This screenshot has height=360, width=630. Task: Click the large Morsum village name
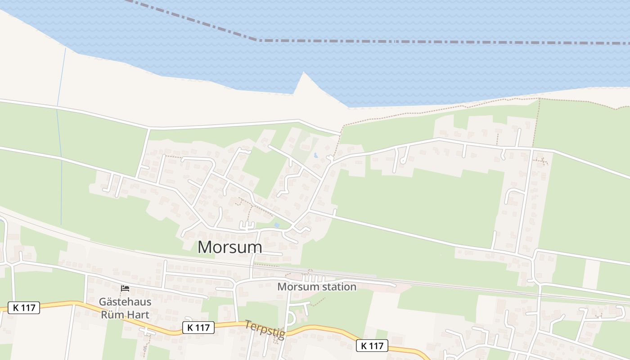click(229, 247)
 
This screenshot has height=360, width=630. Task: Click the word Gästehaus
click(125, 301)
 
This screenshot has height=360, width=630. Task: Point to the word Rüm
click(112, 314)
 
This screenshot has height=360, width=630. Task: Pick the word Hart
click(138, 314)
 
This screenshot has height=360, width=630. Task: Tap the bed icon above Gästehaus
click(125, 288)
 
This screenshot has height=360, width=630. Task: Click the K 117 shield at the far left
click(24, 308)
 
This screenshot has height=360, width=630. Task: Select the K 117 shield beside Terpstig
click(198, 327)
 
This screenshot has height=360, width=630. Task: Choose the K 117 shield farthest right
click(372, 346)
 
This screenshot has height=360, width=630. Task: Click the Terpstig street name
click(265, 329)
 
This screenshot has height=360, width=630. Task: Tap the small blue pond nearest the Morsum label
click(277, 225)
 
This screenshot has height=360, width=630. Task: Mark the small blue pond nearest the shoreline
click(315, 156)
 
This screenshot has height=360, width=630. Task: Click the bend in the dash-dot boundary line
click(257, 40)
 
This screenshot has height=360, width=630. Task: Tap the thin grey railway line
click(450, 284)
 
